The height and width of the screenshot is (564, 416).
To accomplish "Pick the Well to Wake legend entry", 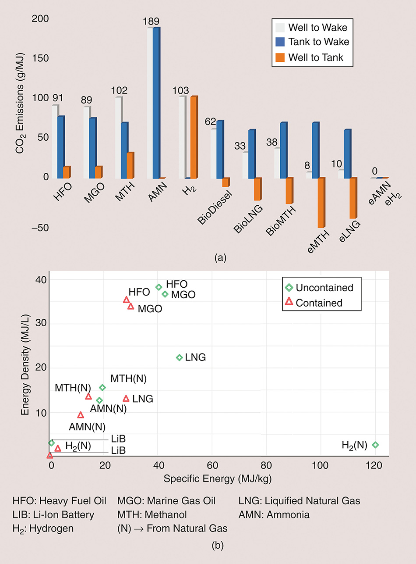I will (317, 28).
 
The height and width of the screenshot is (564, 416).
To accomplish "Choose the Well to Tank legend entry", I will (316, 57).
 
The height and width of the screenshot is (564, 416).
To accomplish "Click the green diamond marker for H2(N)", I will (375, 445).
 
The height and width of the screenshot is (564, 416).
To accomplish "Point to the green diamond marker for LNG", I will (179, 357).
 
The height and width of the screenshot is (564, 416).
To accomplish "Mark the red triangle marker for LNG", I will (126, 399).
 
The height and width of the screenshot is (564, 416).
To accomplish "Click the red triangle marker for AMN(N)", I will (81, 415).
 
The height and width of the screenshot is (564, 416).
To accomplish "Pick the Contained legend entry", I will (319, 303).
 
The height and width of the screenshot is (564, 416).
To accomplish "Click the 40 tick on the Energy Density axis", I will (40, 279).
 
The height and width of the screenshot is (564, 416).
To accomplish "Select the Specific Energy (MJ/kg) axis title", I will (218, 478).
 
